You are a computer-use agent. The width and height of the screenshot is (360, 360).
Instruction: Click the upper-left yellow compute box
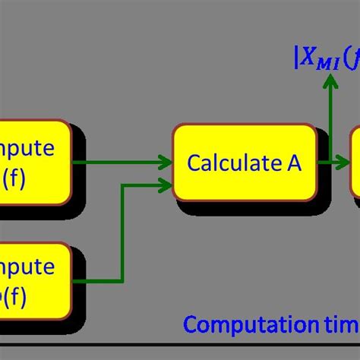tap(33, 162)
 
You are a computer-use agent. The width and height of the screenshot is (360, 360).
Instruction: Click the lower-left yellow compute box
tap(33, 280)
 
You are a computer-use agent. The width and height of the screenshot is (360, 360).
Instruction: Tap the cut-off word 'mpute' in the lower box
tap(28, 267)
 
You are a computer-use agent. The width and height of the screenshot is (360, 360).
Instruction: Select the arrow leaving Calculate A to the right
tap(334, 161)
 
